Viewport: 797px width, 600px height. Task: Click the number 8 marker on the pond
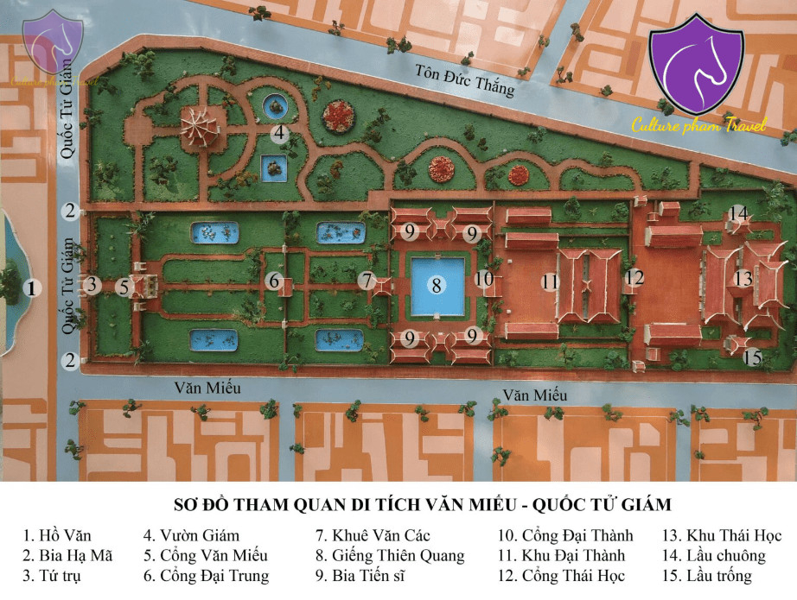click(437, 284)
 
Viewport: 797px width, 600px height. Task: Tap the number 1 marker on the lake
click(31, 288)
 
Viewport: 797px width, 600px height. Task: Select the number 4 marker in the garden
click(278, 134)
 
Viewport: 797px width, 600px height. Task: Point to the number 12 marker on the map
click(635, 277)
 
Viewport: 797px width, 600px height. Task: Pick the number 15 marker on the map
click(753, 357)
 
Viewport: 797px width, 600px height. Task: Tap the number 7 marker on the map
click(368, 281)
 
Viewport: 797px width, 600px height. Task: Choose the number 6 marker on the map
click(274, 281)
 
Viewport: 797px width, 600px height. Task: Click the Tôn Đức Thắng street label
click(464, 80)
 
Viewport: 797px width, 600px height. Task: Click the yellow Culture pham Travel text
click(698, 126)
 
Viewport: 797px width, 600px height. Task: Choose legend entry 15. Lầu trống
click(708, 576)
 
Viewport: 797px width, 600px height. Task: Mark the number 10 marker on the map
click(485, 279)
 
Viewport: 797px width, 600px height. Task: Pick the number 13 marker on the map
click(743, 279)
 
